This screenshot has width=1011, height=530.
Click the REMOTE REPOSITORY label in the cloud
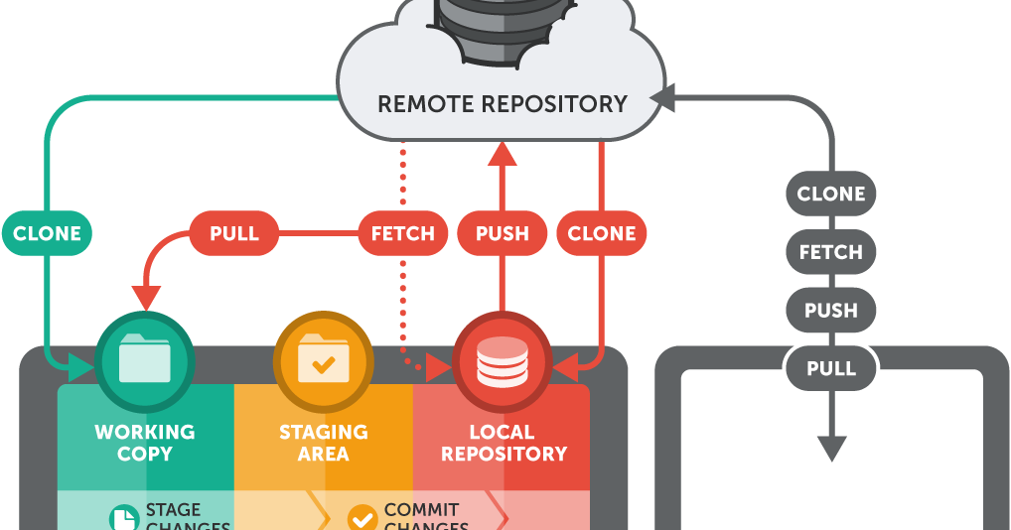pyautogui.click(x=503, y=103)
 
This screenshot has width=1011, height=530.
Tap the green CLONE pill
pyautogui.click(x=47, y=234)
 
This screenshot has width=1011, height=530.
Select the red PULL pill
pyautogui.click(x=234, y=234)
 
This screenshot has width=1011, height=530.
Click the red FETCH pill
pyautogui.click(x=402, y=234)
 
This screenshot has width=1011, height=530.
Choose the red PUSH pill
pyautogui.click(x=503, y=234)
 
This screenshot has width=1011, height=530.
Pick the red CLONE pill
pyautogui.click(x=602, y=234)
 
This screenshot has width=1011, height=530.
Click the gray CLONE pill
pyautogui.click(x=831, y=195)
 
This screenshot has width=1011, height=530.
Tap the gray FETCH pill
pyautogui.click(x=831, y=252)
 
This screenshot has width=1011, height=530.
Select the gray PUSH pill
pyautogui.click(x=831, y=311)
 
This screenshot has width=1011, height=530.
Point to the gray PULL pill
pyautogui.click(x=831, y=369)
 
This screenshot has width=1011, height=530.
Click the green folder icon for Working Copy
pyautogui.click(x=145, y=361)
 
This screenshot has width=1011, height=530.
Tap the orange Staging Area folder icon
pyautogui.click(x=324, y=361)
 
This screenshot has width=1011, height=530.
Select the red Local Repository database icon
pyautogui.click(x=503, y=361)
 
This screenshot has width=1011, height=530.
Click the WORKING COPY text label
pyautogui.click(x=145, y=443)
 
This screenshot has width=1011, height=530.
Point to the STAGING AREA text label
pyautogui.click(x=324, y=443)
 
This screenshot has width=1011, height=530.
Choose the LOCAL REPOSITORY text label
pyautogui.click(x=504, y=443)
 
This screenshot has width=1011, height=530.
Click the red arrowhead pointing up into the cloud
pyautogui.click(x=503, y=152)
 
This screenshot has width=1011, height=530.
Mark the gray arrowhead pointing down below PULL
pyautogui.click(x=831, y=448)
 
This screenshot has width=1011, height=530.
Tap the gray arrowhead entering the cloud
pyautogui.click(x=663, y=97)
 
